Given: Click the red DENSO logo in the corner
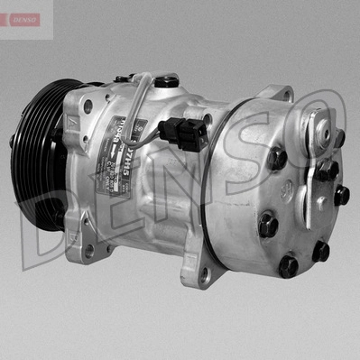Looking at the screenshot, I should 20,19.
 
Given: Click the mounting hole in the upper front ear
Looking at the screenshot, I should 88,106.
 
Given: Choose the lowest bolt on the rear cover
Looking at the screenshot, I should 288,266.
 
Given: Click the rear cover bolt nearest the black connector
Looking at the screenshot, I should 276,159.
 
